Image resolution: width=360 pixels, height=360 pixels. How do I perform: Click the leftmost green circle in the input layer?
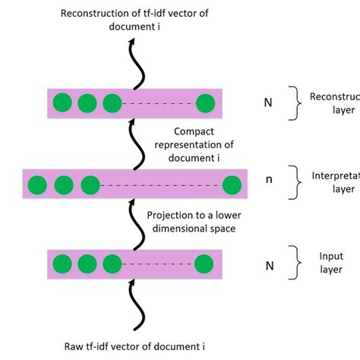point(62,263)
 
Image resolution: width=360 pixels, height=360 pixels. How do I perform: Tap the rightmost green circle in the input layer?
point(204,263)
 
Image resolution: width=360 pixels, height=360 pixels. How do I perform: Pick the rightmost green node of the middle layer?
point(231,184)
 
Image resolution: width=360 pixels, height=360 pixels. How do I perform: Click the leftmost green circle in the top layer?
point(62,103)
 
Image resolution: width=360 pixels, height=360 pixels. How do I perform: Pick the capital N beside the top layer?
point(268,103)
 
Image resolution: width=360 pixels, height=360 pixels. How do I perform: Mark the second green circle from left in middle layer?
point(64,184)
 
